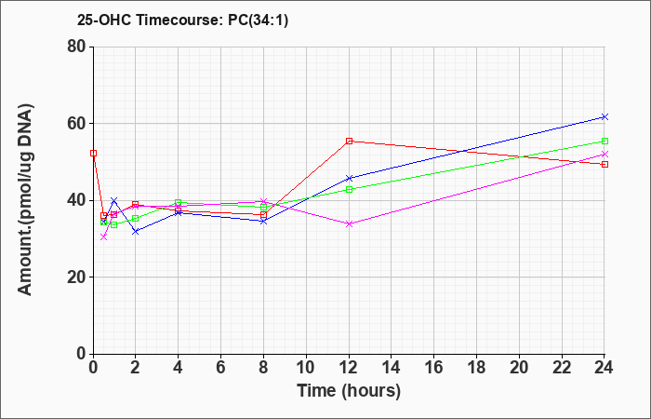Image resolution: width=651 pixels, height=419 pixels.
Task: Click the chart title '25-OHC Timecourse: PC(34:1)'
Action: coord(182,20)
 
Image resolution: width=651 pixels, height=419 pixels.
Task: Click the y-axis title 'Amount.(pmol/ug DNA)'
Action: coord(26,200)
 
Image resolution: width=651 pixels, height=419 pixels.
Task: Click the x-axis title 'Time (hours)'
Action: coord(349,391)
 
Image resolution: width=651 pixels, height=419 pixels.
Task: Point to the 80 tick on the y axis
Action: coord(80,47)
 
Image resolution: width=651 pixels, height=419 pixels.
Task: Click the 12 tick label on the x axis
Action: coord(349,367)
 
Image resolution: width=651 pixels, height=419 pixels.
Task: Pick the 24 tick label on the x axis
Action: coord(604,367)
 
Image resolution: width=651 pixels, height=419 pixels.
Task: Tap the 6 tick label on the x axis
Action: coord(221,367)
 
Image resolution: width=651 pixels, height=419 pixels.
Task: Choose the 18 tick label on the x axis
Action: coord(476,367)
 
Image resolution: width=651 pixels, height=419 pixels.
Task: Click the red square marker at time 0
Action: coord(93,154)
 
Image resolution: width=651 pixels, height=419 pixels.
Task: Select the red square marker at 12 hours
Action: coord(349,142)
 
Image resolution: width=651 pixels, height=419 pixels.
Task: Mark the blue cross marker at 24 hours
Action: coord(604,117)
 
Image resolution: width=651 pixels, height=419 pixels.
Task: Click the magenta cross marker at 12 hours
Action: coord(349,223)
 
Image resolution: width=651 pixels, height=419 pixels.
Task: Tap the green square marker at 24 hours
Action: coord(604,142)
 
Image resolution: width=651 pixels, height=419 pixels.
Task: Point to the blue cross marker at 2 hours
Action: coord(136,231)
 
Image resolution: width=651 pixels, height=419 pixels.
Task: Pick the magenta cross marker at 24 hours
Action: coord(604,155)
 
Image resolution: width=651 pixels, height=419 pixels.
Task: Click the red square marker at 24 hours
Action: coord(604,164)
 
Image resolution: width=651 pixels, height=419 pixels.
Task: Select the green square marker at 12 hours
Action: coord(349,190)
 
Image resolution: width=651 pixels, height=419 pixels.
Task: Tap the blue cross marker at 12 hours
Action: coord(349,179)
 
